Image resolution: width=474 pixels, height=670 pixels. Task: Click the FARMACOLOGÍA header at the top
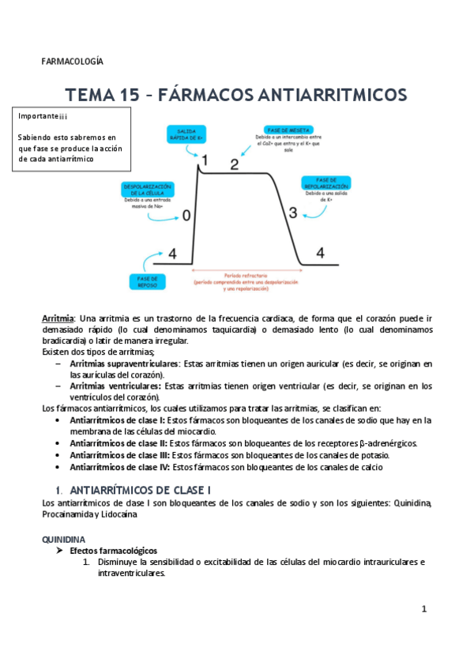click(72, 62)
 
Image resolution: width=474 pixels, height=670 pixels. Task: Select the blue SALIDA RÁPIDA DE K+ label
click(186, 134)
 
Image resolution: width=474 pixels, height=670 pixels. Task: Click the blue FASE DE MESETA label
click(287, 130)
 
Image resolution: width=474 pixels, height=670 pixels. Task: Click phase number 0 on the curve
click(186, 215)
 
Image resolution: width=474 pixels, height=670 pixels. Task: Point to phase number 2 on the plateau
click(234, 165)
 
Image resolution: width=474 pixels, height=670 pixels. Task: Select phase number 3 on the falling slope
click(292, 212)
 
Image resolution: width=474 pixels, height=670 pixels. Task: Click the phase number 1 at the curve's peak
click(204, 160)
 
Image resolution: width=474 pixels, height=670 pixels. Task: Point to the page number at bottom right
click(424, 609)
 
